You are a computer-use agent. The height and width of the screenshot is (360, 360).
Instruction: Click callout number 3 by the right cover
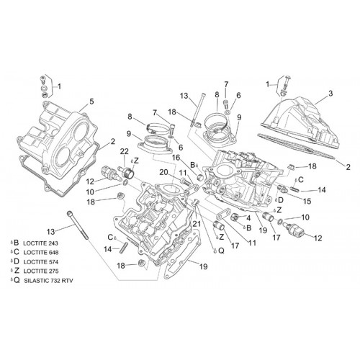click(330, 94)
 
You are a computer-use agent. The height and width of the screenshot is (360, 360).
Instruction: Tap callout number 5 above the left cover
click(91, 102)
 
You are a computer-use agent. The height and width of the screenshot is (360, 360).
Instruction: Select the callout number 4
click(248, 218)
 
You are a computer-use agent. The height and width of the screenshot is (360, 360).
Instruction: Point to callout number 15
click(307, 201)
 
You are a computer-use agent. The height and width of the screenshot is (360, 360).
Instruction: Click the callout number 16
click(176, 158)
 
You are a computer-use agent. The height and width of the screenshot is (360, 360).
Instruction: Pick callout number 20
click(164, 172)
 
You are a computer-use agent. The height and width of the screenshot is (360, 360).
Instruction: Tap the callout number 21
click(197, 224)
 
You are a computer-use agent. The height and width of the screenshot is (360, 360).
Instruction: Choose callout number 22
click(125, 151)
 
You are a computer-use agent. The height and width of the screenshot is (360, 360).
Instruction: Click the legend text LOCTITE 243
click(40, 243)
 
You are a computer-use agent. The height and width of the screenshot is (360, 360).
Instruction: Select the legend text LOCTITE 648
click(41, 253)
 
